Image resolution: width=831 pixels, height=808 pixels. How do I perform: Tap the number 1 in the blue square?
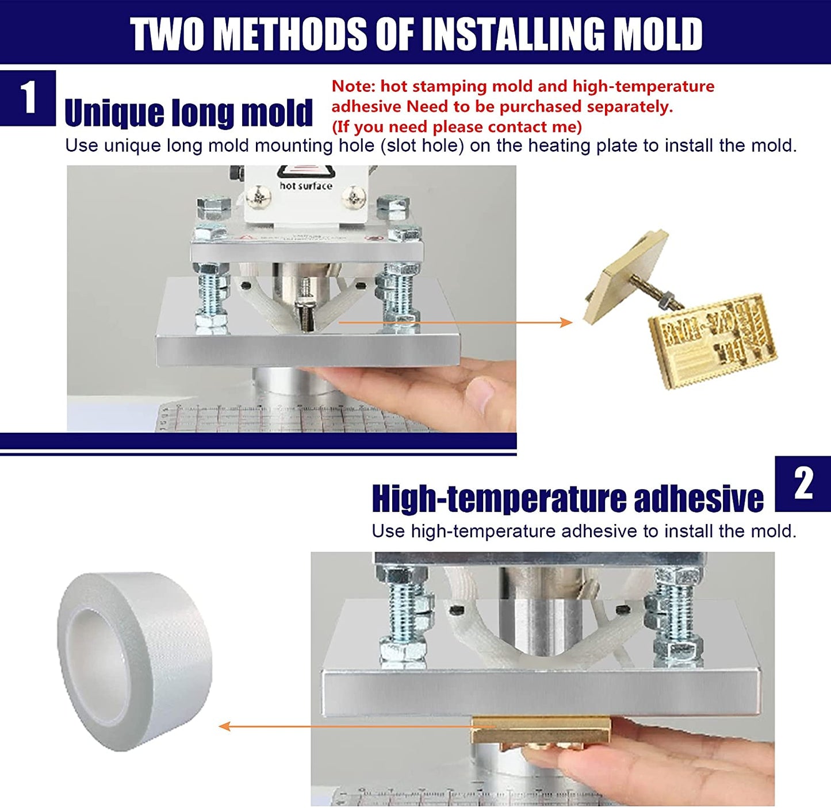(x=28, y=98)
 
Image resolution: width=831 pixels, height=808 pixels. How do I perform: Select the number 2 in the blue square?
(x=803, y=483)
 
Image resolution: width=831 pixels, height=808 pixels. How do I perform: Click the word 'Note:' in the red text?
(x=354, y=86)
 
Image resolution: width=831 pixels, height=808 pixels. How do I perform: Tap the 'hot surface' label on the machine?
(x=305, y=186)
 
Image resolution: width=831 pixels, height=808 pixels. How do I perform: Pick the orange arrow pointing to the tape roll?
(x=345, y=726)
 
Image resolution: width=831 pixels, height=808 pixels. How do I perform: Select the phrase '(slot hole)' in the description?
(x=422, y=145)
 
